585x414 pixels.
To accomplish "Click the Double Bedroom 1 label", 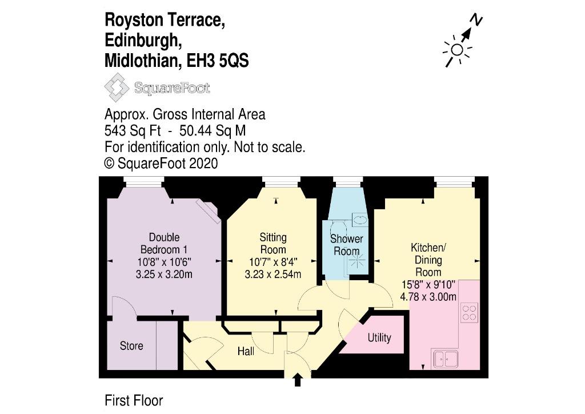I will tap(164, 244).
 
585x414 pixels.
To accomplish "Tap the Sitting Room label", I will tap(273, 244).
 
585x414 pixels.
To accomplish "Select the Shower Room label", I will tap(347, 245).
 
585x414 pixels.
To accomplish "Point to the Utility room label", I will tap(379, 337).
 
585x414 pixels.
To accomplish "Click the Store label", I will tap(131, 346).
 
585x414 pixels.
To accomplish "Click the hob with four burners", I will tap(469, 312).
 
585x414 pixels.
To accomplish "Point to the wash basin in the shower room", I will tap(360, 219).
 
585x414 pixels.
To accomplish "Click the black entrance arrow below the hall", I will tap(298, 380).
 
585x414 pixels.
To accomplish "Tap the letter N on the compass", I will tap(476, 21).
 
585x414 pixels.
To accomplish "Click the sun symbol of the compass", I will tap(456, 49).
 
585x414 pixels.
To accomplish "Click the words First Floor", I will tap(134, 401).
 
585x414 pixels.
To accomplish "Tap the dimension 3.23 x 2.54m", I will tap(273, 274).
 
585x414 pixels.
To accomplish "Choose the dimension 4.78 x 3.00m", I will tap(428, 296).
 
